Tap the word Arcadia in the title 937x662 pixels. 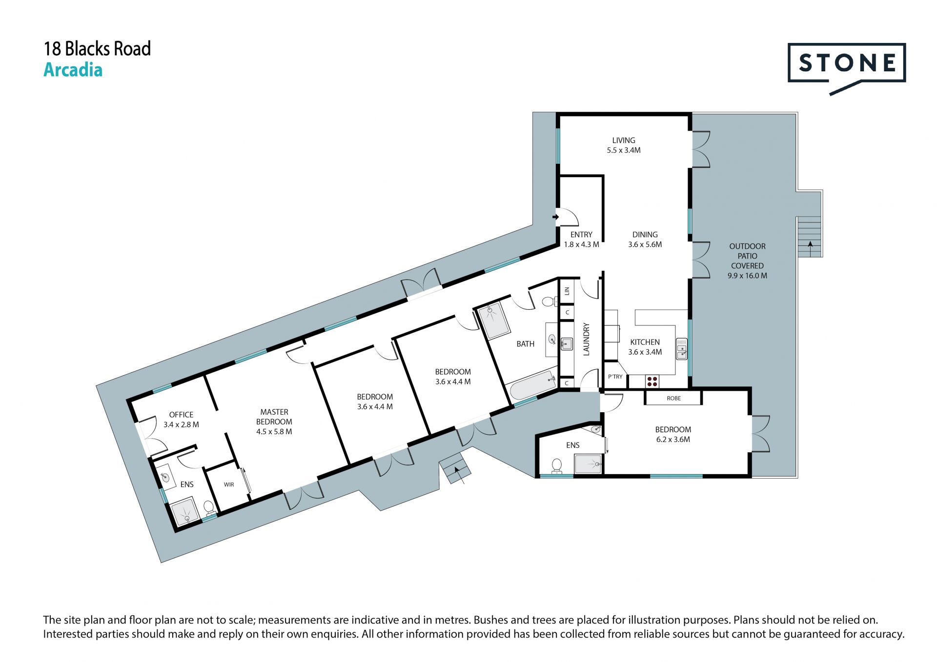73,70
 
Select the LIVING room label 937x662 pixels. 624,145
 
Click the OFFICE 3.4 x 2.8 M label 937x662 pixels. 181,420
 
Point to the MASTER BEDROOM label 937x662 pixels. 274,422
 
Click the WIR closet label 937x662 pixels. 229,484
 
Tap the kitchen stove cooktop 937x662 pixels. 652,381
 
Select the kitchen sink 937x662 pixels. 681,349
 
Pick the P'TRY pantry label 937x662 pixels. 615,377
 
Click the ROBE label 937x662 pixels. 674,398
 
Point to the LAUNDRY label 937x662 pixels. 587,339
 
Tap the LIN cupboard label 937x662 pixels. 567,291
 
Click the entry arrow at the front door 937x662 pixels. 556,217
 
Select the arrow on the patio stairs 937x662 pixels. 810,248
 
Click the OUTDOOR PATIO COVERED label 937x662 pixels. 747,261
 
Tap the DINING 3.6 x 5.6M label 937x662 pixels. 645,240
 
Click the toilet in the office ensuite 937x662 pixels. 209,508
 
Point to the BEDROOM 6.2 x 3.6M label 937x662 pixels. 673,434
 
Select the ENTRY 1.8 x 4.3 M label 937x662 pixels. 581,240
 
